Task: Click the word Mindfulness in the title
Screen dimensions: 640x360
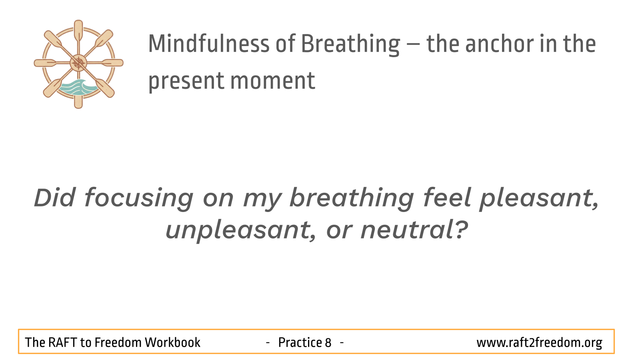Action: (209, 44)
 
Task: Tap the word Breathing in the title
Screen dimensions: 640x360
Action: (350, 45)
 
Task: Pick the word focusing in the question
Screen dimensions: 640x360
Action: (139, 198)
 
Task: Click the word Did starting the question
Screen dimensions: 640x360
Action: (55, 198)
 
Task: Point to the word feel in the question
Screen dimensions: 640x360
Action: (447, 198)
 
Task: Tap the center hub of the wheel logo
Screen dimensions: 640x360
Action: (78, 63)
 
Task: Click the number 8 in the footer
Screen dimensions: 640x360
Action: (328, 342)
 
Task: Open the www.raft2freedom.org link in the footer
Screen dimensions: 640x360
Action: (539, 343)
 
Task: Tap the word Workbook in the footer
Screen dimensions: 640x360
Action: (172, 342)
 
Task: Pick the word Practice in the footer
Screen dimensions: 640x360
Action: (300, 342)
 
